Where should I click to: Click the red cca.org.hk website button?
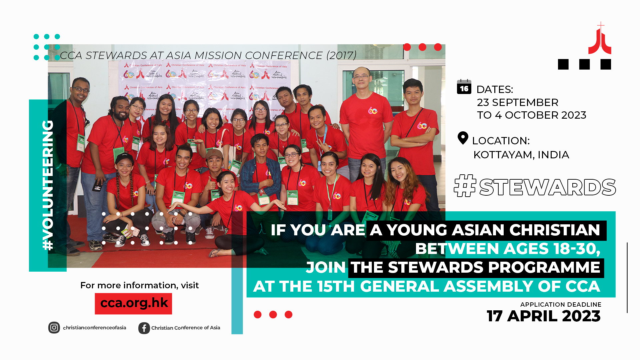pos(133,303)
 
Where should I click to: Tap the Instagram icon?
pos(54,328)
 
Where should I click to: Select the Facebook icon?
pos(144,328)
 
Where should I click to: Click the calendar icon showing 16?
pos(464,87)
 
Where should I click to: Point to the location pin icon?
pos(463,138)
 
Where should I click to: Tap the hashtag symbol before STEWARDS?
pos(465,186)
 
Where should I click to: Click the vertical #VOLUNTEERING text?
pos(48,185)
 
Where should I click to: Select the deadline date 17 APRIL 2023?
pos(543,316)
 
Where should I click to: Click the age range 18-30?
pos(576,249)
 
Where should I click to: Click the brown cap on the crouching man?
pos(214,154)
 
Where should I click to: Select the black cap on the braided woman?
pos(124,158)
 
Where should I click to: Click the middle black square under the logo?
pos(584,64)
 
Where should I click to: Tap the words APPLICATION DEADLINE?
pos(561,304)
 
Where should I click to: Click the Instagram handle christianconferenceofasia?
pos(94,328)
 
